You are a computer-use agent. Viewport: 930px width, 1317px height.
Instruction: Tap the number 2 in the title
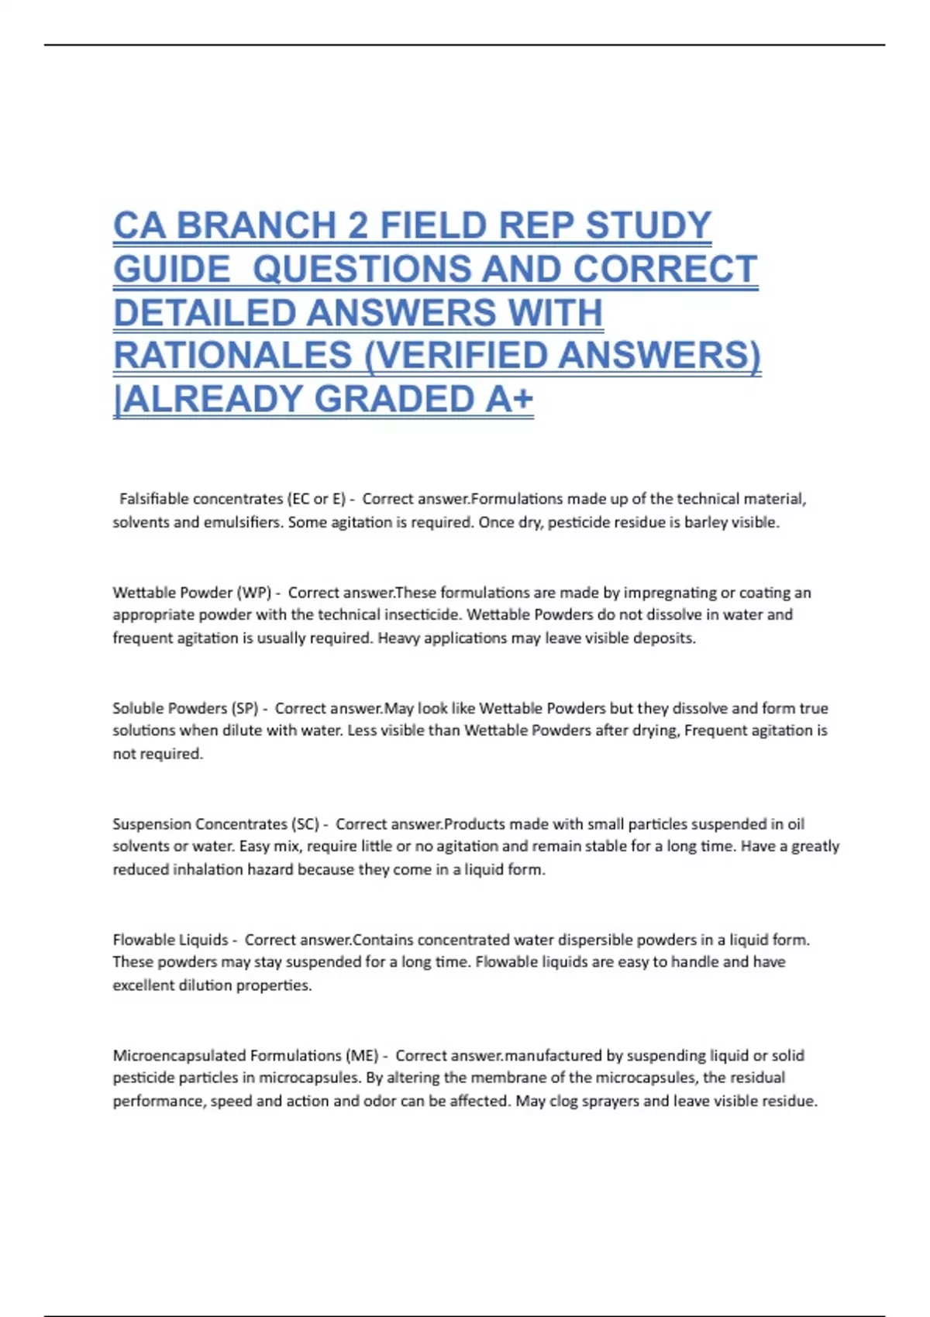tap(358, 226)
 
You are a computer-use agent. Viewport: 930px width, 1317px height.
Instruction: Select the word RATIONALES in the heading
tap(232, 356)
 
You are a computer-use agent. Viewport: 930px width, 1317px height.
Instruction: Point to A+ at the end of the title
tap(509, 400)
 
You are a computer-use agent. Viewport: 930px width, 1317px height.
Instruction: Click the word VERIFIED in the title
tap(456, 356)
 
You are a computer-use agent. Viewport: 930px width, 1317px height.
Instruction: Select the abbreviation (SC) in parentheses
tap(305, 824)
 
